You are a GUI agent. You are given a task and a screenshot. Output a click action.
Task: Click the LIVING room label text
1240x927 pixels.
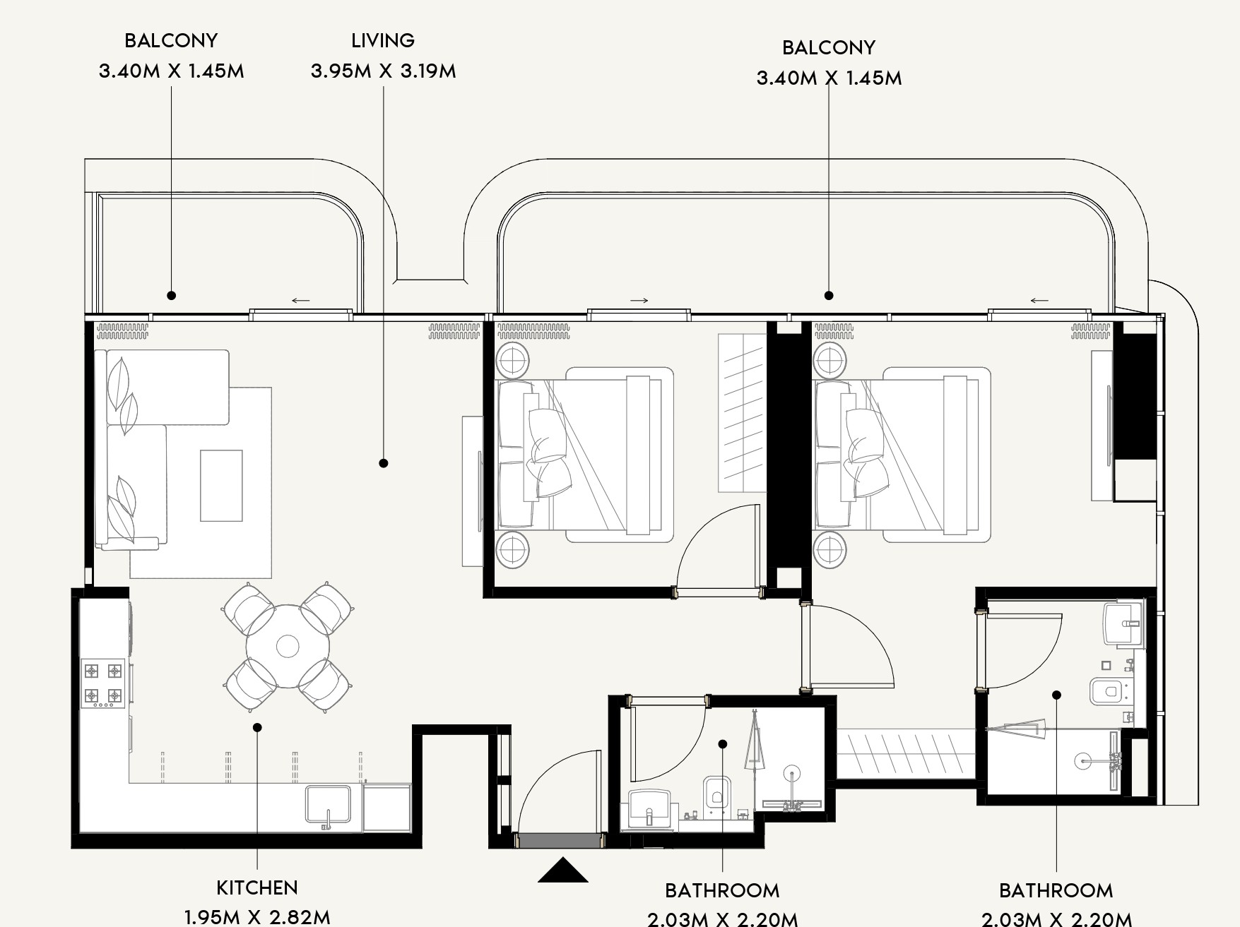click(383, 40)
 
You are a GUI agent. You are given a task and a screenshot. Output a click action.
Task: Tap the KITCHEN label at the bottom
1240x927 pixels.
click(257, 887)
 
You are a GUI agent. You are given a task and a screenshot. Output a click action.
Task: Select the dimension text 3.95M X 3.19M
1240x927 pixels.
click(383, 71)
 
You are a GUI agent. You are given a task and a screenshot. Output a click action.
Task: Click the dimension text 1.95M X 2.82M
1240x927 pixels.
click(257, 917)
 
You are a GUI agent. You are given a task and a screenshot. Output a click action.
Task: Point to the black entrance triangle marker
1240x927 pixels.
click(563, 871)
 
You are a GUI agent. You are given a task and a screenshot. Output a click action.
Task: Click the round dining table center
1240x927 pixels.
click(288, 645)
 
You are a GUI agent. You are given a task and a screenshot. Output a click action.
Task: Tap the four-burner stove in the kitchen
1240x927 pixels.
click(104, 683)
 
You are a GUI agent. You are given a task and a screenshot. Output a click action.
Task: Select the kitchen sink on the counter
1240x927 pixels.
click(329, 804)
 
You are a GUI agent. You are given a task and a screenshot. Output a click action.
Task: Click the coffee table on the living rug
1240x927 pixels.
click(221, 486)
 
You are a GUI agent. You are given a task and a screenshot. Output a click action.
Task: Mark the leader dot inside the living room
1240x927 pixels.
click(384, 463)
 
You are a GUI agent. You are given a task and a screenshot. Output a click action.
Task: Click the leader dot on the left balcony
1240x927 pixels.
click(171, 295)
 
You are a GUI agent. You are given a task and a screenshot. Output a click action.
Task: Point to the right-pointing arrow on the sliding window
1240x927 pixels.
click(639, 301)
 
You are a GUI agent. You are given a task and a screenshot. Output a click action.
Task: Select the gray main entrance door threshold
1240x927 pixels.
click(560, 840)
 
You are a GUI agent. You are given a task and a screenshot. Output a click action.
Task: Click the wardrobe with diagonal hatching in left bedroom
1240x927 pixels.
click(742, 413)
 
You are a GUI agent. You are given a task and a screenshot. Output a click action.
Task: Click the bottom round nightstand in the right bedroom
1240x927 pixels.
click(829, 550)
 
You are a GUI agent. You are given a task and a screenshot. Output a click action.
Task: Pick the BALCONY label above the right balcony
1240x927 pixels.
click(829, 47)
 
